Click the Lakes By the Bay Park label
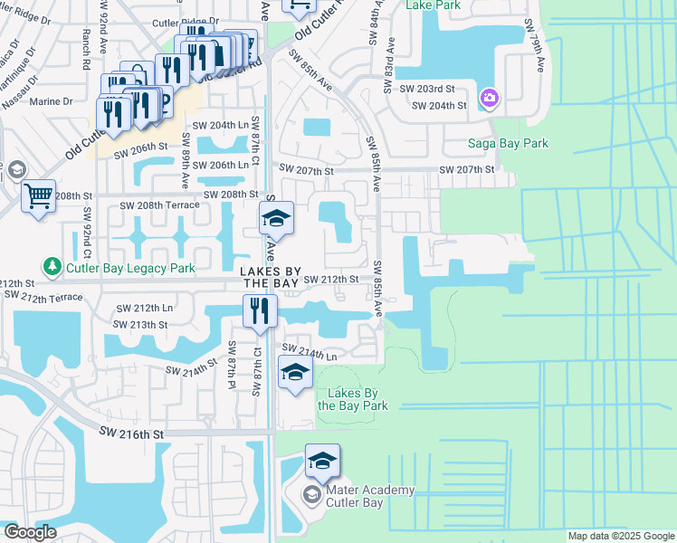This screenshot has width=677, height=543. coord(353,399)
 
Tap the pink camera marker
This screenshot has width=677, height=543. coord(490,97)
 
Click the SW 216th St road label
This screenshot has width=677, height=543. coord(132,434)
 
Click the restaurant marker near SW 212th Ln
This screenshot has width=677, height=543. coord(260,310)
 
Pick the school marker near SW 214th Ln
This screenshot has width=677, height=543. coord(295,372)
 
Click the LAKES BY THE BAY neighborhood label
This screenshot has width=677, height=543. coord(269,278)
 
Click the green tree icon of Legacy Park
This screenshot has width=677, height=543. coord(52,267)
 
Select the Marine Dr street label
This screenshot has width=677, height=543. coord(51,101)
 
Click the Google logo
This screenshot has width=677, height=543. coord(30,533)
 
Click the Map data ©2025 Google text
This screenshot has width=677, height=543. coord(620,536)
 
